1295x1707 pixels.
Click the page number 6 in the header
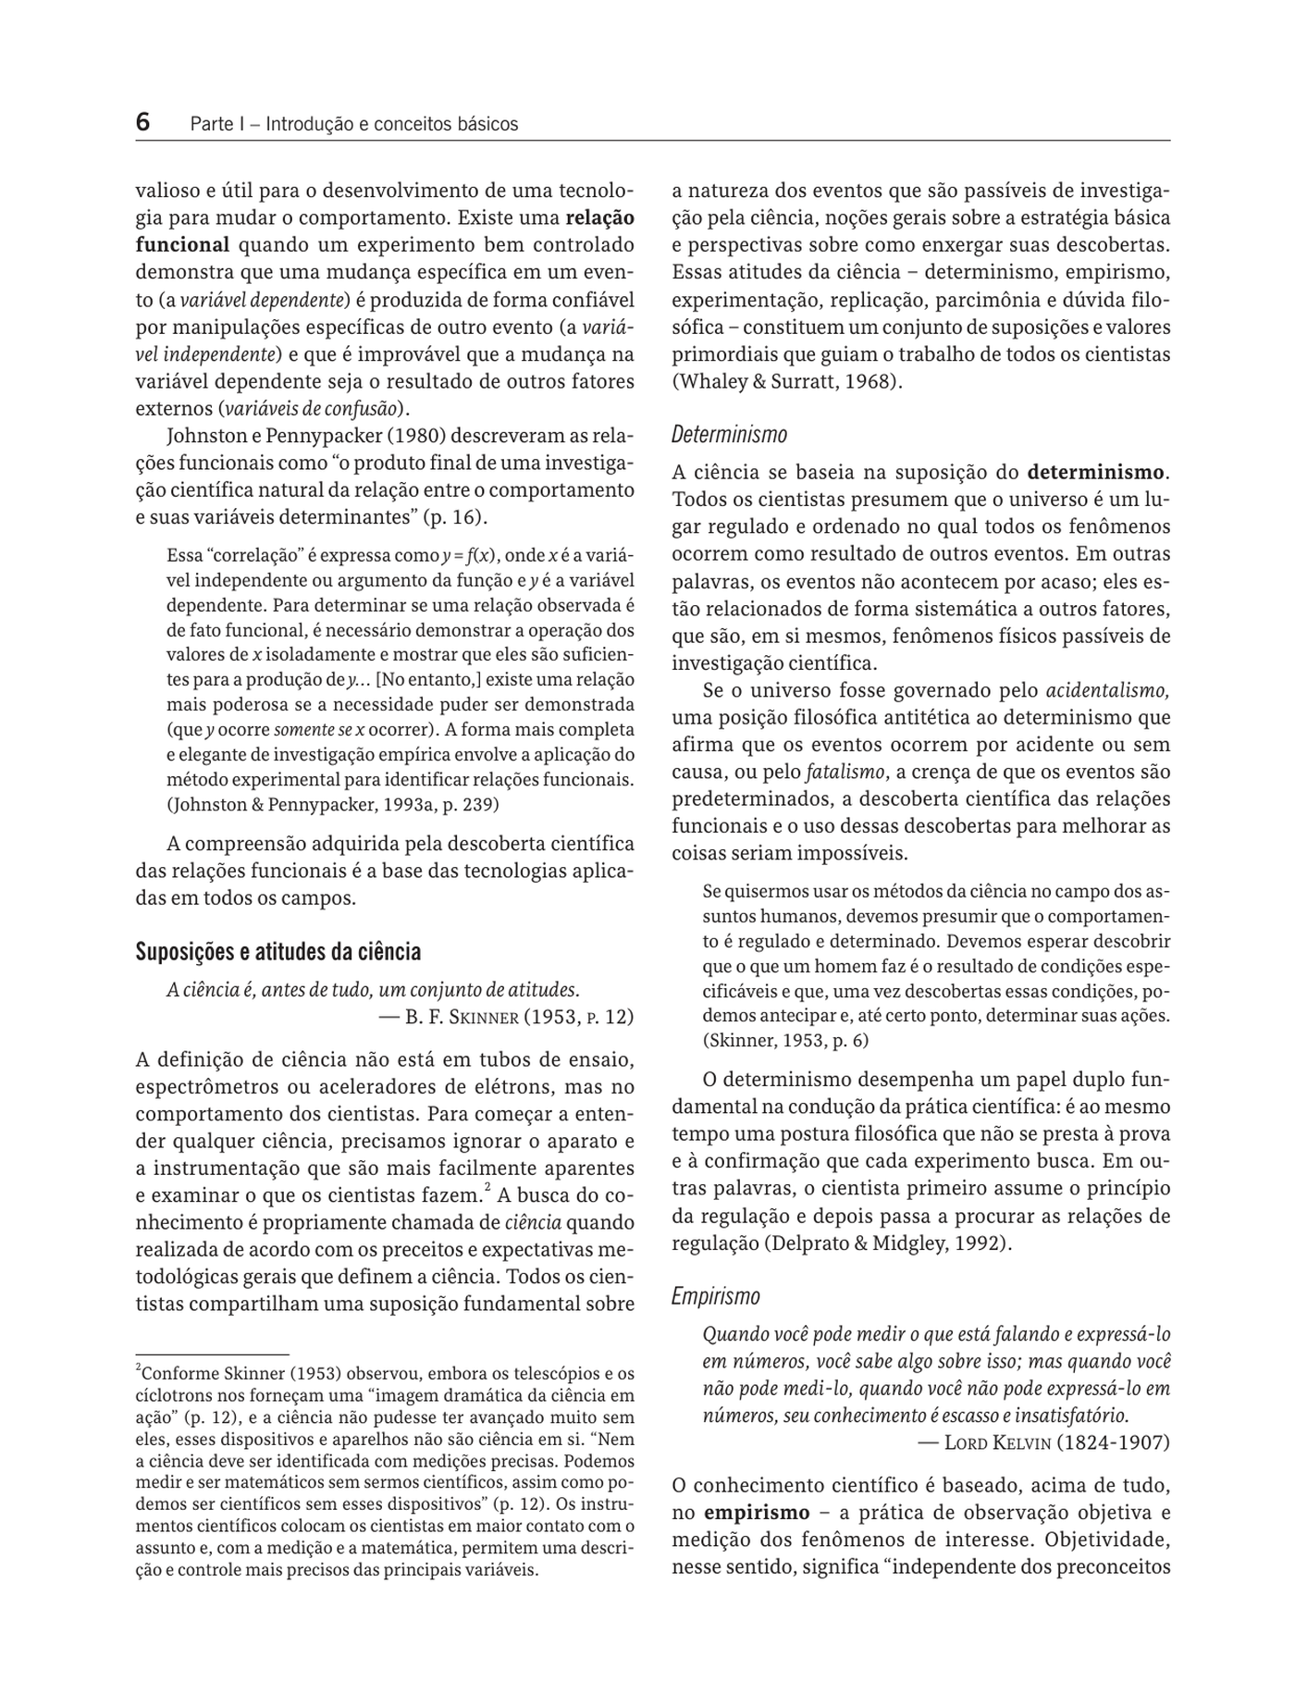coord(143,122)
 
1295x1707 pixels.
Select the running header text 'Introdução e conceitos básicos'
coord(391,124)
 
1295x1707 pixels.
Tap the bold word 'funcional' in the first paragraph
coord(182,245)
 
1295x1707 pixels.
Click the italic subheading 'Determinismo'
coord(729,434)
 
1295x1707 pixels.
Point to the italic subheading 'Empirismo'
coord(715,1296)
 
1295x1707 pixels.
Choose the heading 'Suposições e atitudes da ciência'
coord(277,952)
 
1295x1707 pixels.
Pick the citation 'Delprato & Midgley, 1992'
coord(882,1243)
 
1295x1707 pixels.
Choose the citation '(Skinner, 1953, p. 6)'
coord(785,1040)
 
